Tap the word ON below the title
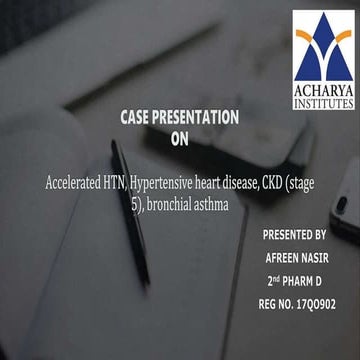(x=180, y=139)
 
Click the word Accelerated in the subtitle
(x=83, y=185)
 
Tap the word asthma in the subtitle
(x=216, y=204)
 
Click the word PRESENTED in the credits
(x=284, y=238)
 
